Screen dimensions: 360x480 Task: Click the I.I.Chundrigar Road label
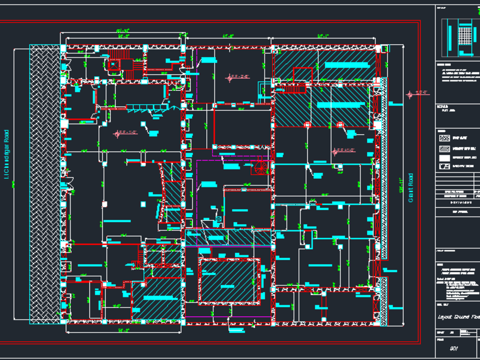point(7,154)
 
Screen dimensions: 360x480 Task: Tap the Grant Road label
point(411,188)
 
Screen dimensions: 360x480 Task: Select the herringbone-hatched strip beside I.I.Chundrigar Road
point(44,182)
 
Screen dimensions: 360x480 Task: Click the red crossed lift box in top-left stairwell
point(114,64)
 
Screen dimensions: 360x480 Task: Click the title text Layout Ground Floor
point(458,317)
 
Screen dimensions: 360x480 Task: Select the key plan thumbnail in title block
point(458,37)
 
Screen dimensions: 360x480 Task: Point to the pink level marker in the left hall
point(117,134)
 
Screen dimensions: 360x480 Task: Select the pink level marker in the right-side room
point(335,152)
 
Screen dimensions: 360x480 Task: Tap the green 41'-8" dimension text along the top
point(228,36)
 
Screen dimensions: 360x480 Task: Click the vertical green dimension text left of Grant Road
point(400,185)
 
